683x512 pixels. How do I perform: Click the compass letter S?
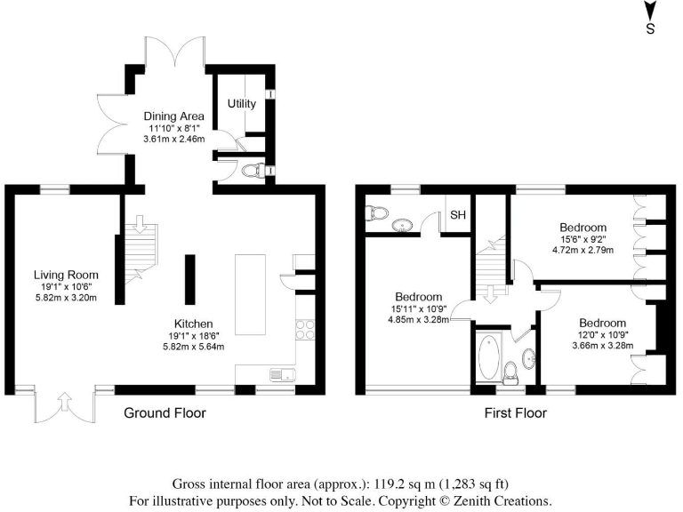coord(650,29)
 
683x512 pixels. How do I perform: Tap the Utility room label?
coord(242,104)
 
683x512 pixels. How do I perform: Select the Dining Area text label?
coord(174,116)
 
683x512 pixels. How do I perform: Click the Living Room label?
coord(66,275)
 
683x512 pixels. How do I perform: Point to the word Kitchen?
coord(192,324)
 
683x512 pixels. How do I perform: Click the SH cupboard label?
coord(458,215)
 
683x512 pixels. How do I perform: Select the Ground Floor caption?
coord(165,413)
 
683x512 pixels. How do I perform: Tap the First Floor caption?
coord(515,413)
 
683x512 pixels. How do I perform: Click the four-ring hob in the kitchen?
coord(308,330)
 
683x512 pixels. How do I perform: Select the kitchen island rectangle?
coord(250,293)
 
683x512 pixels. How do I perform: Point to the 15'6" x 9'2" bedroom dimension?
coord(583,239)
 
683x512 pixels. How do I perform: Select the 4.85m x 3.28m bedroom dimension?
coord(419,320)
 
